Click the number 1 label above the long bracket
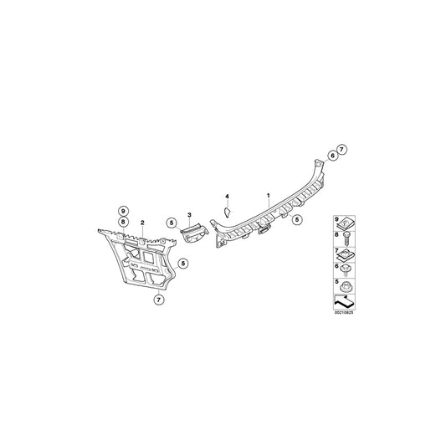coord(268,196)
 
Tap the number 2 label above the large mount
coord(142,223)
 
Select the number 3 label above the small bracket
coord(189,214)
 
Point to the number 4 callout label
coord(227,197)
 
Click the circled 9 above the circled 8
coord(123,212)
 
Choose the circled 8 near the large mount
coord(123,221)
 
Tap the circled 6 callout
coord(332,156)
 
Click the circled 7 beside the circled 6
coord(342,149)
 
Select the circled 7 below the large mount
coord(159,300)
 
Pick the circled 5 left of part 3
coord(172,223)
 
